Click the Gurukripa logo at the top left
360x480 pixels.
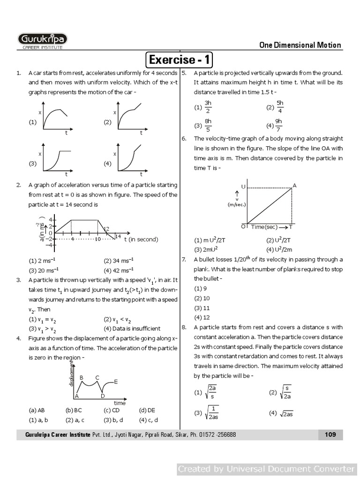(42, 40)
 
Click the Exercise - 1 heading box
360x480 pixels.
(180, 60)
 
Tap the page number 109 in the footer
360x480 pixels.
(330, 435)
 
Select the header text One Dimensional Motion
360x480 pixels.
(300, 45)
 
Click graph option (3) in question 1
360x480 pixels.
(56, 162)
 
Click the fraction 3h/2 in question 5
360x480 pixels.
(208, 107)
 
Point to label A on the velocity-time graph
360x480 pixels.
(294, 186)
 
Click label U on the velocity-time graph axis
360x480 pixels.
(243, 187)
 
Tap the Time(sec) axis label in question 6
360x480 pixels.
(264, 227)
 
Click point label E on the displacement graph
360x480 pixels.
(116, 382)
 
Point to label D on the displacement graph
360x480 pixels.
(103, 396)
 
